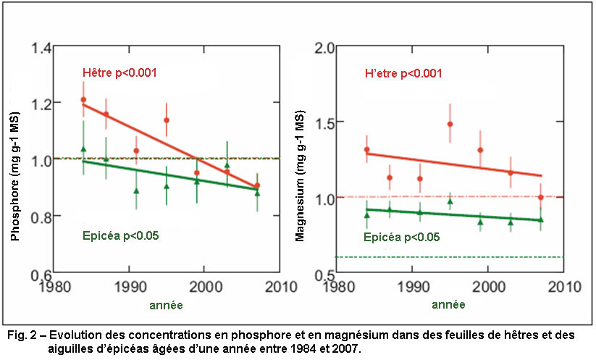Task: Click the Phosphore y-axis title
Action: tap(14, 160)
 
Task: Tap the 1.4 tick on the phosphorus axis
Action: tap(41, 49)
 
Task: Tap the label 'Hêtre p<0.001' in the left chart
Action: tap(119, 72)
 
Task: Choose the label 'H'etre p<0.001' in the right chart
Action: tap(403, 73)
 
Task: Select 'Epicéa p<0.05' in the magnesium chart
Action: tap(401, 237)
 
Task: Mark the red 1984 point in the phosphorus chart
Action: tap(83, 99)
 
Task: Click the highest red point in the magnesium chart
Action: tap(450, 124)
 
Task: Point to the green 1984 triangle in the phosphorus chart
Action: tap(83, 149)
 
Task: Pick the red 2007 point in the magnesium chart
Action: tap(541, 197)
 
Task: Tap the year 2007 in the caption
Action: tap(344, 348)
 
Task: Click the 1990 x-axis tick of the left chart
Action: tap(129, 285)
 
